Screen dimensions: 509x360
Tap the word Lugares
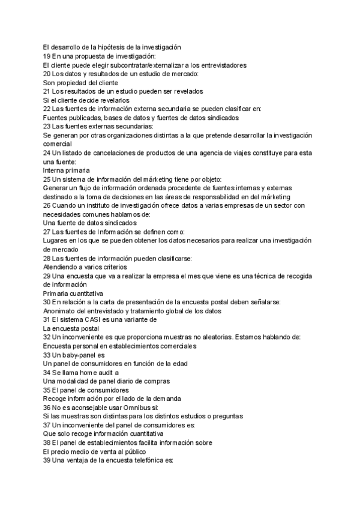57,241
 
